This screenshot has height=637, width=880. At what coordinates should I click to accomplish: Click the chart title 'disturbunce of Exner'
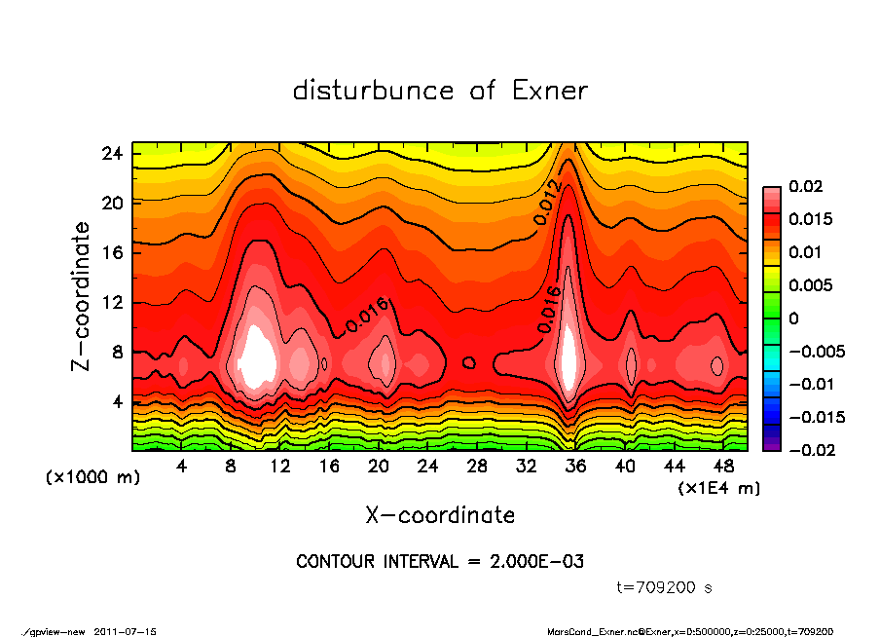pyautogui.click(x=440, y=91)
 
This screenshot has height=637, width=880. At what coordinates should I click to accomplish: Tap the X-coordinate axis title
pyautogui.click(x=440, y=514)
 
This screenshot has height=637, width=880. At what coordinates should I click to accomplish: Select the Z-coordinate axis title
pyautogui.click(x=82, y=296)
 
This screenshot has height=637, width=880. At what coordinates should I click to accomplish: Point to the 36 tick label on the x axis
pyautogui.click(x=575, y=467)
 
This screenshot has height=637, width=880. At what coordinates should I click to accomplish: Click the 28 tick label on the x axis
pyautogui.click(x=477, y=467)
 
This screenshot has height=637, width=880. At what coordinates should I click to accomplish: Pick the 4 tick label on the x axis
pyautogui.click(x=182, y=467)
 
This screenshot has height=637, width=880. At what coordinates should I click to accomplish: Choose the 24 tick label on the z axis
pyautogui.click(x=113, y=154)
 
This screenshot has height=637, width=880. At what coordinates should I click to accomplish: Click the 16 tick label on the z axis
pyautogui.click(x=113, y=253)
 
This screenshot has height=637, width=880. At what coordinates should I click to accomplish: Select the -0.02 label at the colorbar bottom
pyautogui.click(x=809, y=450)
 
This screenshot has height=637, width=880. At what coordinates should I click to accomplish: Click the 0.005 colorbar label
pyautogui.click(x=808, y=285)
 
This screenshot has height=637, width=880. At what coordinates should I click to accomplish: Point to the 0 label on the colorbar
pyautogui.click(x=794, y=318)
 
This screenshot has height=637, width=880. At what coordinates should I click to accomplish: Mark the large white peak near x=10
pyautogui.click(x=258, y=356)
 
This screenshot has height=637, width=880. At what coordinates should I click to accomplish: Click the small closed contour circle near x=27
pyautogui.click(x=469, y=362)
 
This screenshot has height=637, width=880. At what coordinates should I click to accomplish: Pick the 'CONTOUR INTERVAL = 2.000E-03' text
pyautogui.click(x=440, y=562)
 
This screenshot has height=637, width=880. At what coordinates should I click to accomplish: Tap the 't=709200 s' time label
pyautogui.click(x=666, y=587)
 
